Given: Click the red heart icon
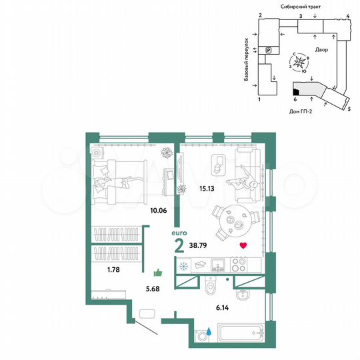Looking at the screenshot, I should click(243, 245).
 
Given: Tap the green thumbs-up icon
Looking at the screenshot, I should click(159, 272).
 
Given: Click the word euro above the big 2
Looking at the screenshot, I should click(178, 233).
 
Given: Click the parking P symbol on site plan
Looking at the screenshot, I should click(269, 49).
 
